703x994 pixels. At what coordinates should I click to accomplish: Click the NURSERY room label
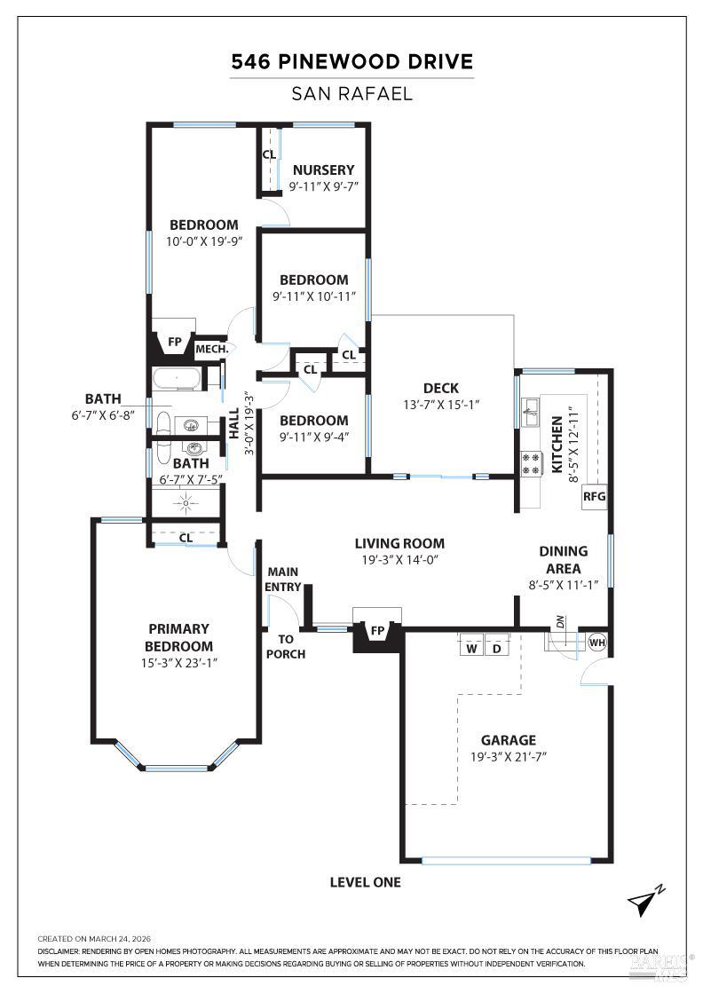tap(323, 170)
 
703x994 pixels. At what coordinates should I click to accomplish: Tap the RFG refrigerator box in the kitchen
tap(594, 496)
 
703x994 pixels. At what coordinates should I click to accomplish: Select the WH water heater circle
tap(597, 643)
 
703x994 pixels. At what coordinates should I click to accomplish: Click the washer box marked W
tap(471, 648)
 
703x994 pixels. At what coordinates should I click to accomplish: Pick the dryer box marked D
tap(497, 648)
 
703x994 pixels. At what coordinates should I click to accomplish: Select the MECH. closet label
tap(212, 350)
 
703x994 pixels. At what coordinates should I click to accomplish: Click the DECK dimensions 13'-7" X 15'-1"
tap(441, 405)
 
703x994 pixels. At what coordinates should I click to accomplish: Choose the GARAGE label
tap(509, 740)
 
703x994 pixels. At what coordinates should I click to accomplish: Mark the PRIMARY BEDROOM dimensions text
tap(178, 663)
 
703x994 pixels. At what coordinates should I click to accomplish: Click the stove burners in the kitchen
tap(531, 462)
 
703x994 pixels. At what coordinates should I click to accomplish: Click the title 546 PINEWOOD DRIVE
tap(351, 61)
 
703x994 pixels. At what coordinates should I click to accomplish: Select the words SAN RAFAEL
tap(351, 94)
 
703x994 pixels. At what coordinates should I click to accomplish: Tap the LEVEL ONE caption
tap(365, 882)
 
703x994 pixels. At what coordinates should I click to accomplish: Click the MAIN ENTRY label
tap(283, 580)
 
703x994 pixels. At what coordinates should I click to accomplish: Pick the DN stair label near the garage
tap(560, 622)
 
